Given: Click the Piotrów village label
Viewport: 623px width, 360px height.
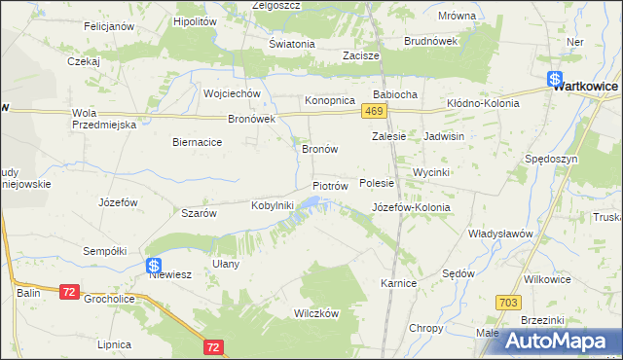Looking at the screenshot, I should [x=330, y=185].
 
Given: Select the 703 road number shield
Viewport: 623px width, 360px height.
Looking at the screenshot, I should [x=505, y=304].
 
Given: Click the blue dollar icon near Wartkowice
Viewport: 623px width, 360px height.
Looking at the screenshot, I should [x=554, y=80].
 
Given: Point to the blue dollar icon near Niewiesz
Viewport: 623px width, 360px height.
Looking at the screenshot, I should [x=154, y=265].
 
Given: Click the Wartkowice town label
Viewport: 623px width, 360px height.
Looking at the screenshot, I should [x=586, y=87].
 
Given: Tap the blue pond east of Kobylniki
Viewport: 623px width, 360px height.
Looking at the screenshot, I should [x=311, y=202].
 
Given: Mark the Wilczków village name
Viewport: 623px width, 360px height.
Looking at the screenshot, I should [x=316, y=313].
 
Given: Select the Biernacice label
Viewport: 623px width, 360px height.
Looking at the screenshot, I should [x=198, y=142].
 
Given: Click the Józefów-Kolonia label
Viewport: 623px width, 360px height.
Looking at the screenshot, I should [x=412, y=207].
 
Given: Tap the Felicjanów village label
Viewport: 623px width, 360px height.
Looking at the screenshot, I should [x=108, y=26].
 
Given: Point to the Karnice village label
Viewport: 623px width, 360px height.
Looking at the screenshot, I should [x=398, y=283].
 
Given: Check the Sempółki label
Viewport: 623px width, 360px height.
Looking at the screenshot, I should [x=105, y=250].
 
